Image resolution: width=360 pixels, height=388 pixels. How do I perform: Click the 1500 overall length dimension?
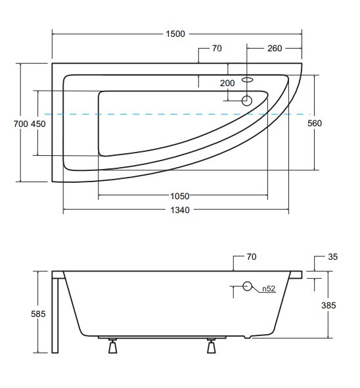[175, 34]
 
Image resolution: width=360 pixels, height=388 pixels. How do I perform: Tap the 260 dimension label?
[275, 48]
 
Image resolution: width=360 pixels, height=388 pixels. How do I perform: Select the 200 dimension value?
[227, 83]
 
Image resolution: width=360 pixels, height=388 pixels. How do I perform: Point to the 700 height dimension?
[21, 124]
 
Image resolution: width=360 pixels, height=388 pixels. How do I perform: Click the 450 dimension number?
[38, 124]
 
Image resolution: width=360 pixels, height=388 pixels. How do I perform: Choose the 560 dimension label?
[315, 123]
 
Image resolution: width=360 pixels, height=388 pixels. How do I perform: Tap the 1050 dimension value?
[180, 196]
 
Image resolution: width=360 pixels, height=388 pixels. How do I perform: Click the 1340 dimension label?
[180, 210]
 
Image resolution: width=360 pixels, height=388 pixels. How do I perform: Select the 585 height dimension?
[38, 314]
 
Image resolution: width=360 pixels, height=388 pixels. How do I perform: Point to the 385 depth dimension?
[328, 305]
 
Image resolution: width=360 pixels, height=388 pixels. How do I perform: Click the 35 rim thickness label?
[333, 256]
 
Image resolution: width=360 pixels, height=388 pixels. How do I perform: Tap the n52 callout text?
[269, 289]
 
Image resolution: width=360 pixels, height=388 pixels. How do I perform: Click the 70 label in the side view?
[252, 256]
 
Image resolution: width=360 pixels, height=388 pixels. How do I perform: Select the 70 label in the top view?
[217, 48]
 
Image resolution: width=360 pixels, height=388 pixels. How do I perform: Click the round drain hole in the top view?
[246, 101]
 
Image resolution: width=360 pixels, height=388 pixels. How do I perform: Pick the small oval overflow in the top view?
[247, 80]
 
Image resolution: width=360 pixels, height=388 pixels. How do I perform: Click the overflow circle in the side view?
[247, 286]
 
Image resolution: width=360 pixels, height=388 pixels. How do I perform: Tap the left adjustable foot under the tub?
[113, 345]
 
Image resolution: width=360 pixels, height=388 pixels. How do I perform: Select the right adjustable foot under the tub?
[211, 345]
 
